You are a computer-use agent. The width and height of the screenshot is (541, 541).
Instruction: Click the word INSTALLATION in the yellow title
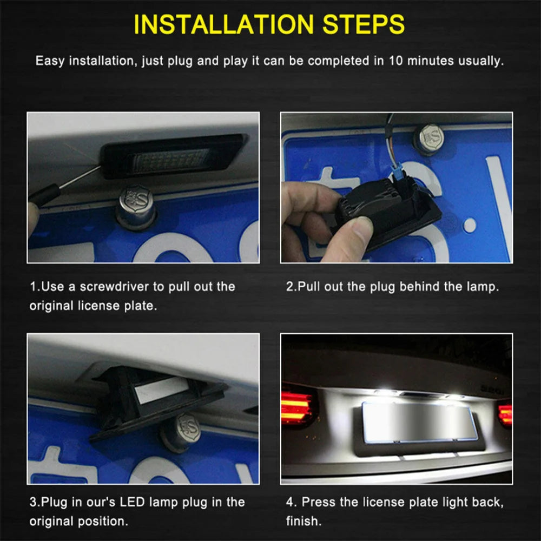(x=223, y=24)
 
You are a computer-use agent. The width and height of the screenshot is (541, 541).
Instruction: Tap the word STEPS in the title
(x=364, y=24)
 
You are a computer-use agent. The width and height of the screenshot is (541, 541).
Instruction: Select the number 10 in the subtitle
(x=395, y=61)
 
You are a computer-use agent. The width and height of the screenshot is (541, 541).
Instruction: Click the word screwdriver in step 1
(x=114, y=286)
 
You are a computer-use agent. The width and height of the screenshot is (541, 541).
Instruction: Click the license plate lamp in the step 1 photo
(x=173, y=156)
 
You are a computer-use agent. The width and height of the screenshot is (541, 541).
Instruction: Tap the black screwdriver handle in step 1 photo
(x=43, y=196)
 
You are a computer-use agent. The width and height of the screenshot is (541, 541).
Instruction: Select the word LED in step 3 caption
(x=132, y=502)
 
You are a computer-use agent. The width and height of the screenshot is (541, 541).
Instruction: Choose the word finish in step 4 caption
(x=301, y=521)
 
